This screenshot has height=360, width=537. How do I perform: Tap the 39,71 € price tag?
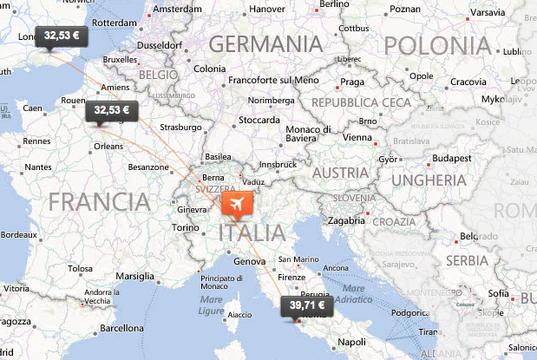tap(308, 305)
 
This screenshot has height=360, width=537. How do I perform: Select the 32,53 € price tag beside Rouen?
tap(112, 110)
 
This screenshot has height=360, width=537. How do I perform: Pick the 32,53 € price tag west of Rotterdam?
tap(62, 36)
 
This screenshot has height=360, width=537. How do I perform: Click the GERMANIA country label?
tap(265, 43)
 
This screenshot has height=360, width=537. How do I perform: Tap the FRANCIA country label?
tap(100, 202)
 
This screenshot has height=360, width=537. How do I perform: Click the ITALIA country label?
tap(252, 232)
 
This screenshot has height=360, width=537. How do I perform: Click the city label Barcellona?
tap(120, 329)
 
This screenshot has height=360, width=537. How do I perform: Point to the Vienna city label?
tap(357, 137)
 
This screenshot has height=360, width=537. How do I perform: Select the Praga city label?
tap(352, 82)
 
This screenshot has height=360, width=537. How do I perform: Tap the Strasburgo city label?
tap(181, 128)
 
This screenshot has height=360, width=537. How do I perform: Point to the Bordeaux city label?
tap(18, 234)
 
